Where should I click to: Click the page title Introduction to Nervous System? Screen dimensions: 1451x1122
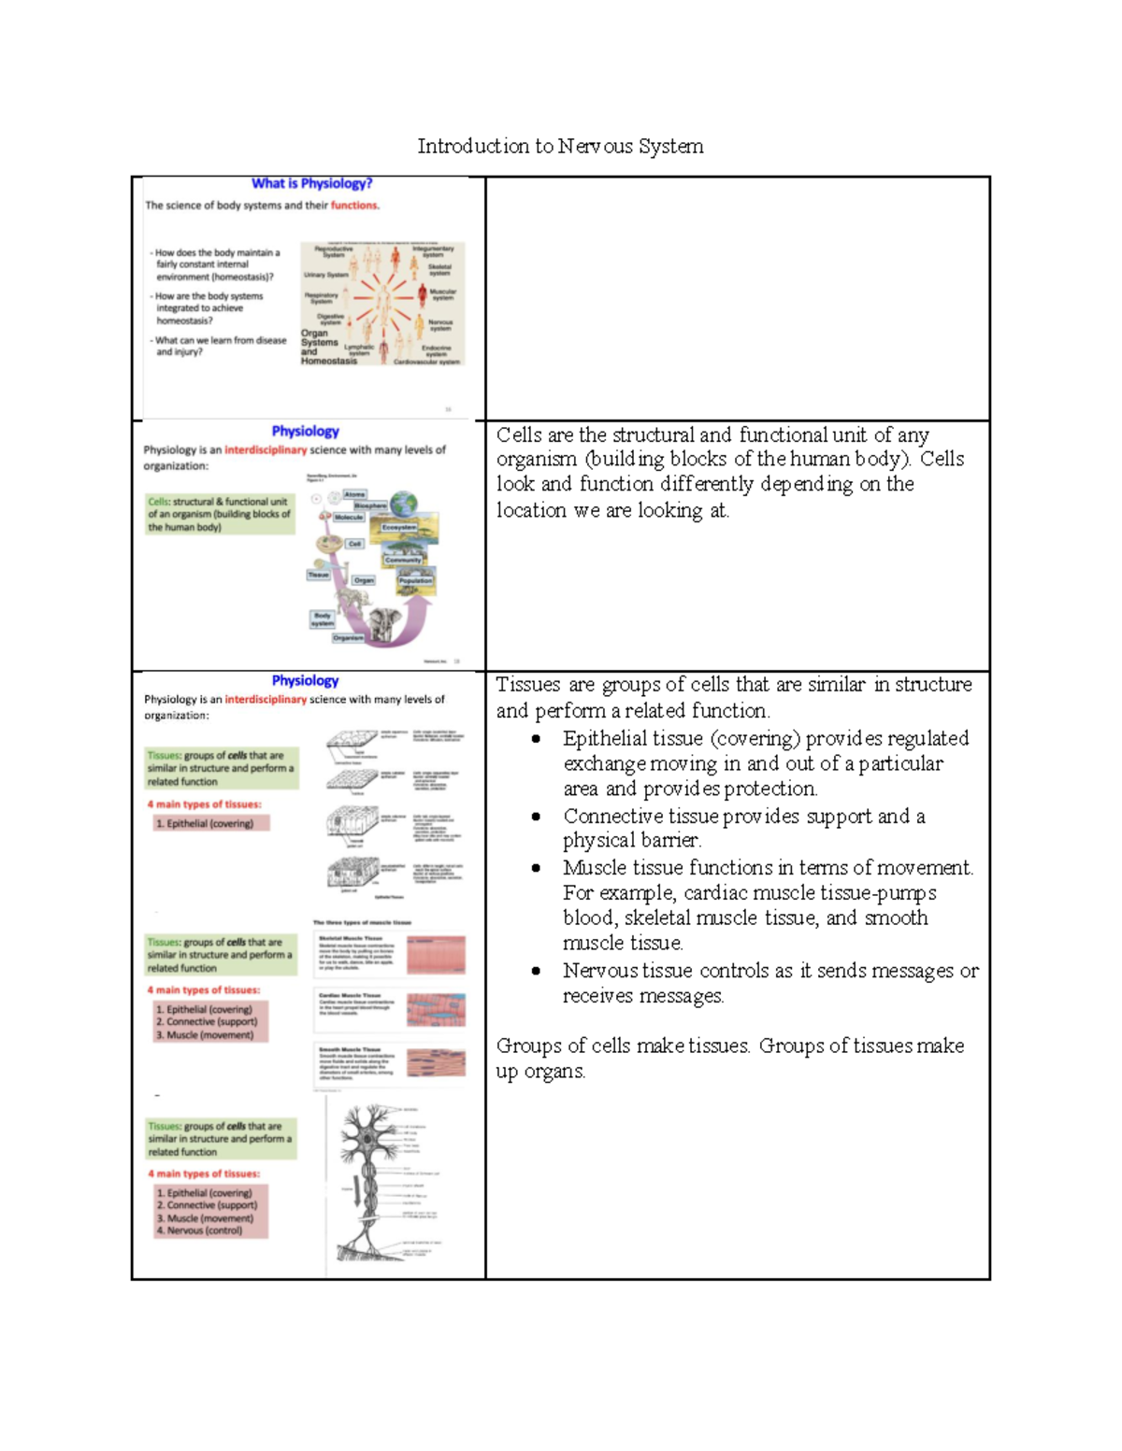560,147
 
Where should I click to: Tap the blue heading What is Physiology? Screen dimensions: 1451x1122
311,184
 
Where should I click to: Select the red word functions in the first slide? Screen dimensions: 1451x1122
354,206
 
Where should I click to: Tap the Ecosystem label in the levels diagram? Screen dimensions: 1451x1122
398,528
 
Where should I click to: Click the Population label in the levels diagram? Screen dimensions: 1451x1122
415,580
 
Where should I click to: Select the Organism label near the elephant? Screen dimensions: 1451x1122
348,638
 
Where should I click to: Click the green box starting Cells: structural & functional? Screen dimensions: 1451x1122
220,515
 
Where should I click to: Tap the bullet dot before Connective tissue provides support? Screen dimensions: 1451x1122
536,817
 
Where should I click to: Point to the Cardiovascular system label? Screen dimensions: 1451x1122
426,362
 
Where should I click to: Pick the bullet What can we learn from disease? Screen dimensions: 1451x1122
220,347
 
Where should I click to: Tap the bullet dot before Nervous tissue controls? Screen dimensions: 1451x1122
536,971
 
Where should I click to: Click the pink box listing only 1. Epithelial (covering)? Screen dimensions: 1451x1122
211,823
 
